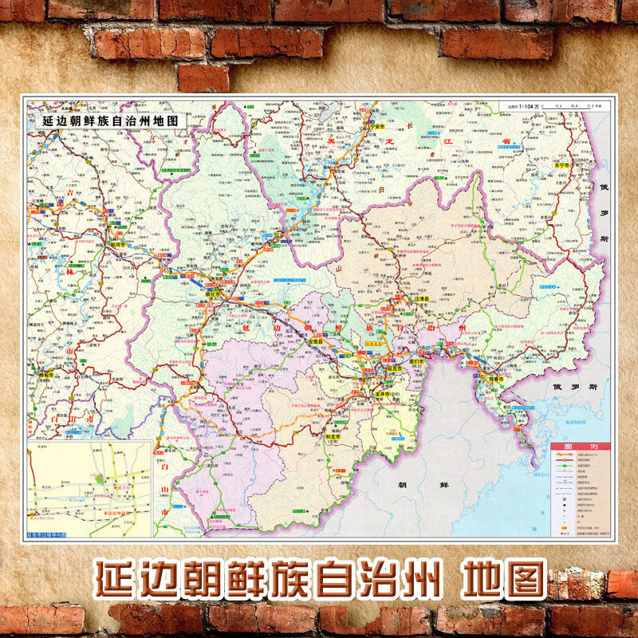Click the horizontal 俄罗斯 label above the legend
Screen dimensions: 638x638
(574, 387)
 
